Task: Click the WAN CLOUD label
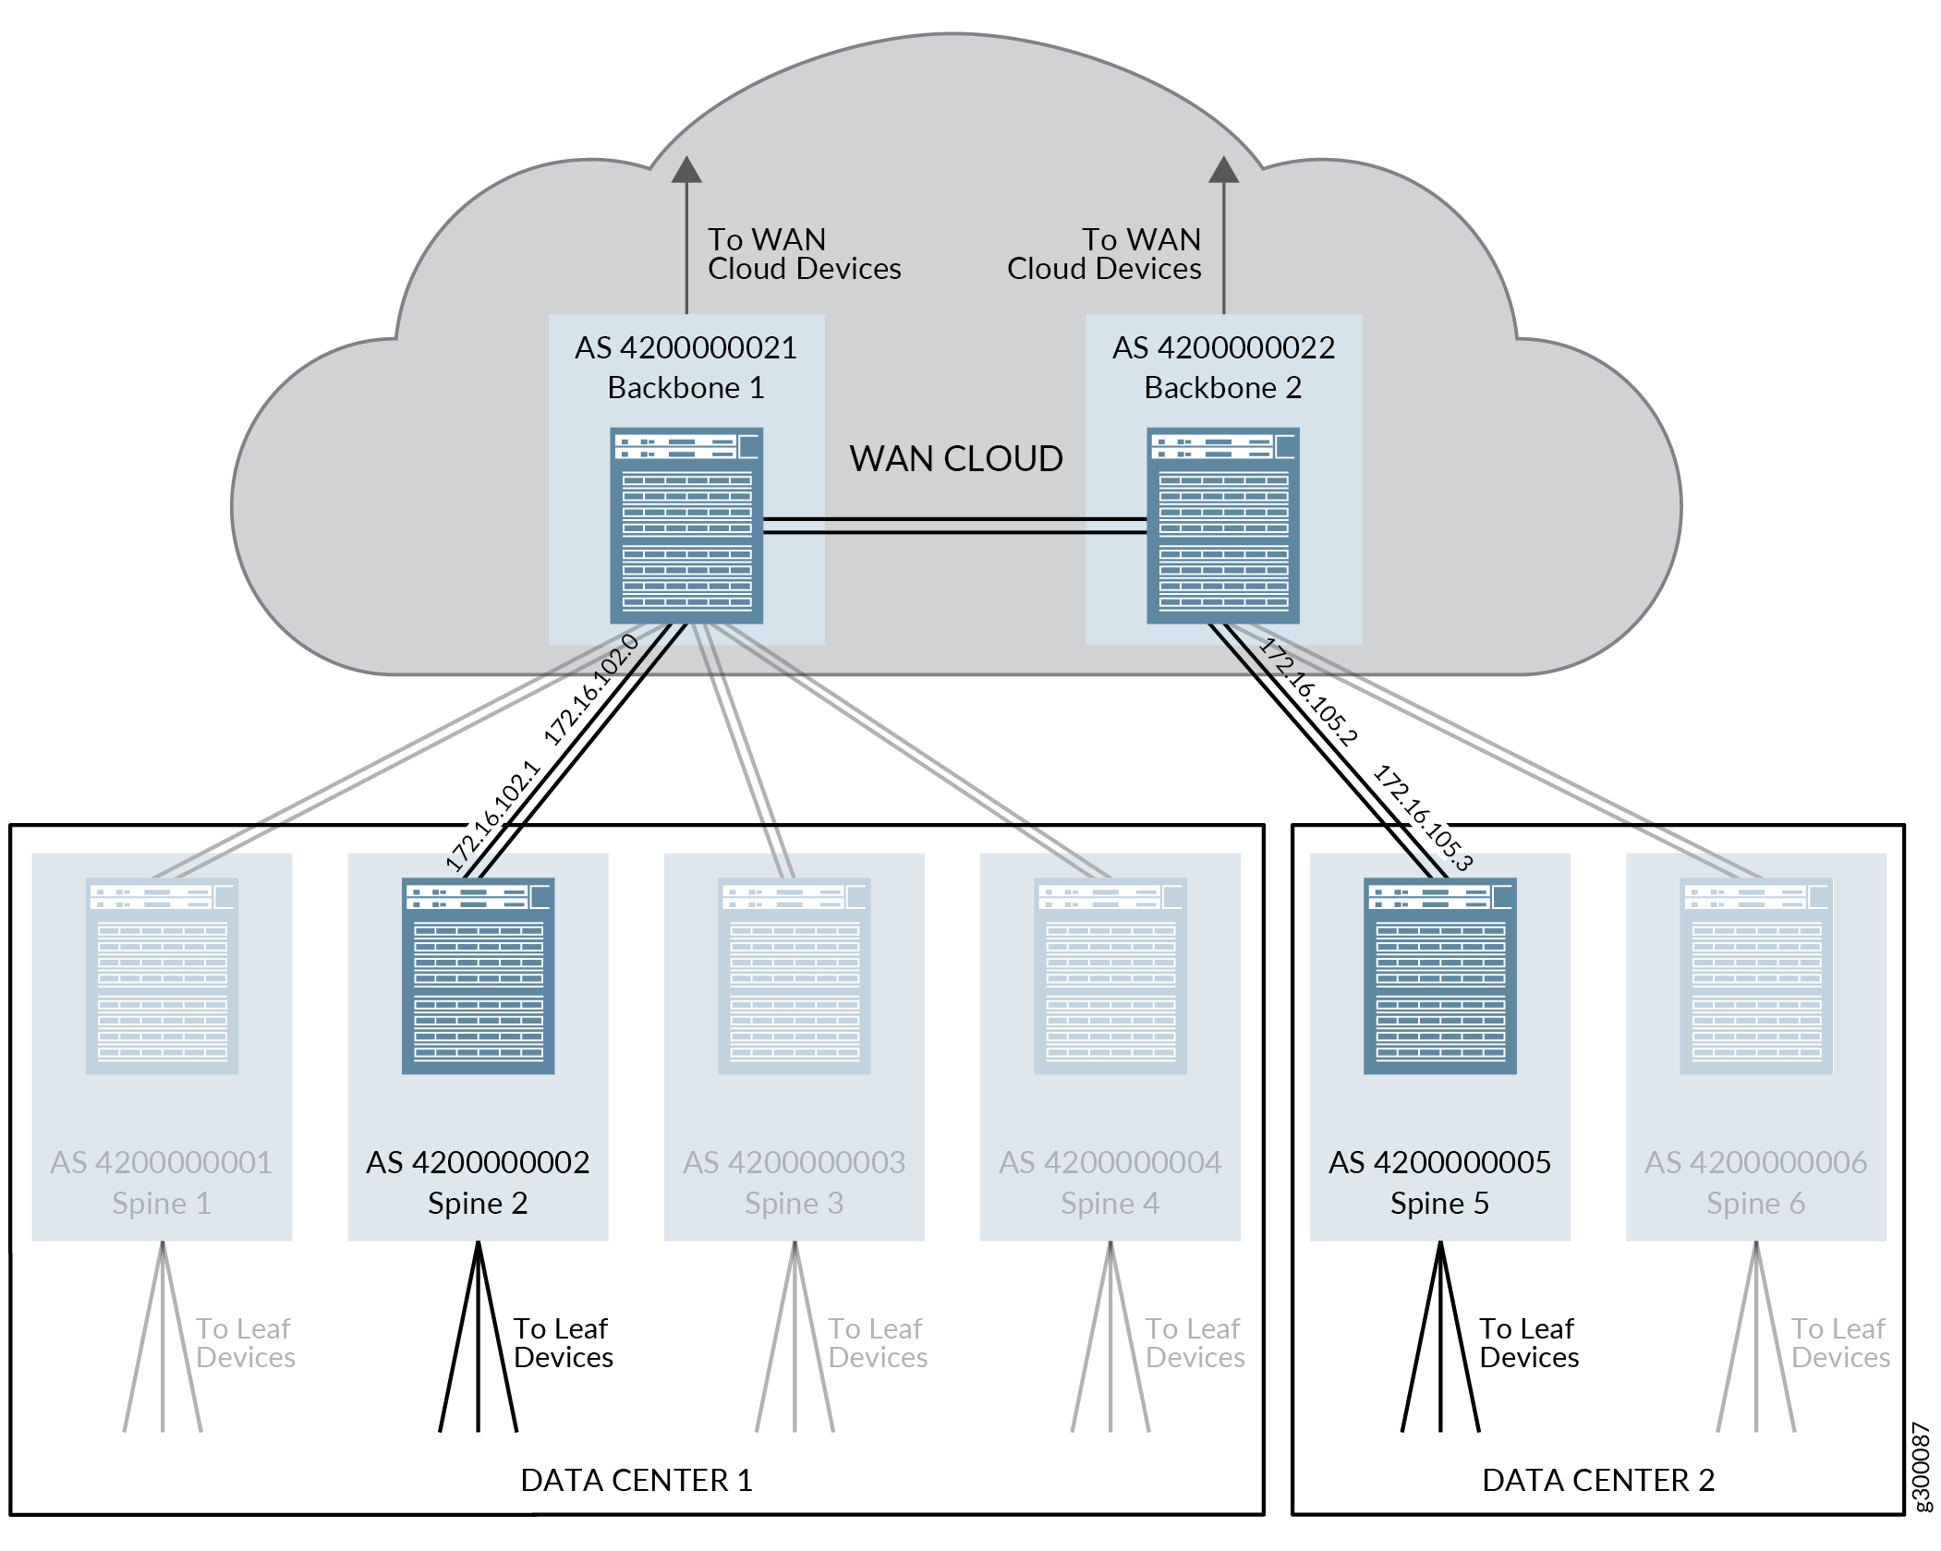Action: click(x=956, y=459)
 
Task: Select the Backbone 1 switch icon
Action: click(x=686, y=525)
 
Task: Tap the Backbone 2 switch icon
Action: click(x=1223, y=525)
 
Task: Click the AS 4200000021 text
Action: click(x=685, y=348)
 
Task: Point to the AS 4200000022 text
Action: click(x=1223, y=348)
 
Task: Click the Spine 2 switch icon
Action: click(x=479, y=975)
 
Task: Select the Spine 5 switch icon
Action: click(x=1440, y=975)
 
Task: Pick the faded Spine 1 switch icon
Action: click(x=163, y=975)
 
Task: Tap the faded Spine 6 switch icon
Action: click(x=1756, y=975)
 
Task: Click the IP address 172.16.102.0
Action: click(x=591, y=690)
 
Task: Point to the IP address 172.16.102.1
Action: click(x=492, y=816)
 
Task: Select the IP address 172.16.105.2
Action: click(x=1308, y=691)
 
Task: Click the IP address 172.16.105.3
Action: click(x=1423, y=818)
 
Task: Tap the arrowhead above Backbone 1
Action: click(x=686, y=170)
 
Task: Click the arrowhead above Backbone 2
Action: click(x=1224, y=170)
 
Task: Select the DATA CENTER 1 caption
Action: click(x=637, y=1480)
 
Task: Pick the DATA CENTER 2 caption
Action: click(x=1598, y=1480)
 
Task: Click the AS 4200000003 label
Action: click(x=795, y=1162)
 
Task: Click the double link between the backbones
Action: click(x=955, y=526)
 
